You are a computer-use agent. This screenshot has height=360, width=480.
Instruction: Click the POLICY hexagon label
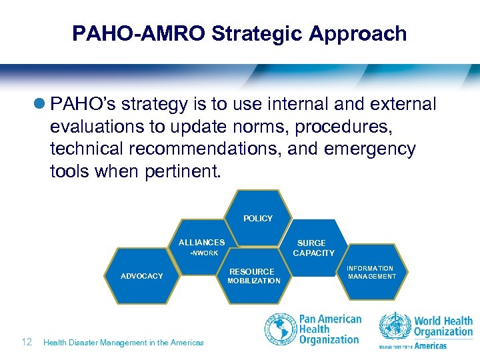tap(258, 219)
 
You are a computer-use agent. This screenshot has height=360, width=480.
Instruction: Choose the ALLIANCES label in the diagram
tap(201, 243)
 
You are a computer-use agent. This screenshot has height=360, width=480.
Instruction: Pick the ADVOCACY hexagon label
tap(141, 276)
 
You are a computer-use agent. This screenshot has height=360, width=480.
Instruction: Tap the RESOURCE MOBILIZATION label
tap(253, 276)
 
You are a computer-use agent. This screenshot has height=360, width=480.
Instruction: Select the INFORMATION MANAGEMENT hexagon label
tap(371, 272)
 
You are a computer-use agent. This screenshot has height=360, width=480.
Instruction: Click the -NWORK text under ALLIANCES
tap(204, 253)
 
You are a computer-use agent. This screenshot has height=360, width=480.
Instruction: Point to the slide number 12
tap(27, 342)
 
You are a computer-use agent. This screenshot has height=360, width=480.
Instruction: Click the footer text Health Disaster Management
tap(123, 343)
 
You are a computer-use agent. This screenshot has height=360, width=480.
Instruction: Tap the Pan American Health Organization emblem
tap(281, 329)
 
